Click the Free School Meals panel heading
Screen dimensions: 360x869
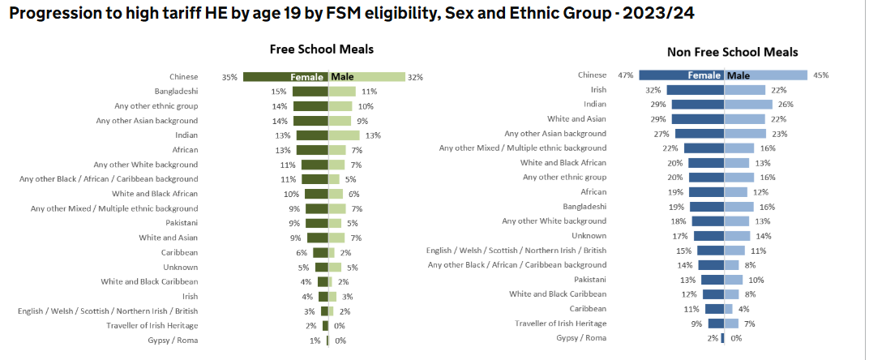click(322, 49)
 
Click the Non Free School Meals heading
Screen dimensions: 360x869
click(732, 52)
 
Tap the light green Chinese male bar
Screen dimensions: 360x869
click(367, 77)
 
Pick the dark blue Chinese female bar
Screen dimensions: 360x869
click(681, 75)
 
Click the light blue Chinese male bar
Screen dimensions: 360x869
click(765, 75)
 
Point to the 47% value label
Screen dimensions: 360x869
click(625, 75)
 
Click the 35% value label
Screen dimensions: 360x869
click(229, 77)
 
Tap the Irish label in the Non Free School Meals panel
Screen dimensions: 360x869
click(598, 90)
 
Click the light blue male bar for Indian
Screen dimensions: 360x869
click(747, 105)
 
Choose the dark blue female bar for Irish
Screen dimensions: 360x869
click(696, 90)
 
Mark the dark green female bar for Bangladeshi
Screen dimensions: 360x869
click(310, 92)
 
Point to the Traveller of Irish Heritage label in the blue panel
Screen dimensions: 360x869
click(559, 324)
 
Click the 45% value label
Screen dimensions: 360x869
click(820, 75)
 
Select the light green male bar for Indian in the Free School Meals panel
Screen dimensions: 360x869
click(344, 135)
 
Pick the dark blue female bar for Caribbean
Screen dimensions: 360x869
click(714, 309)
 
